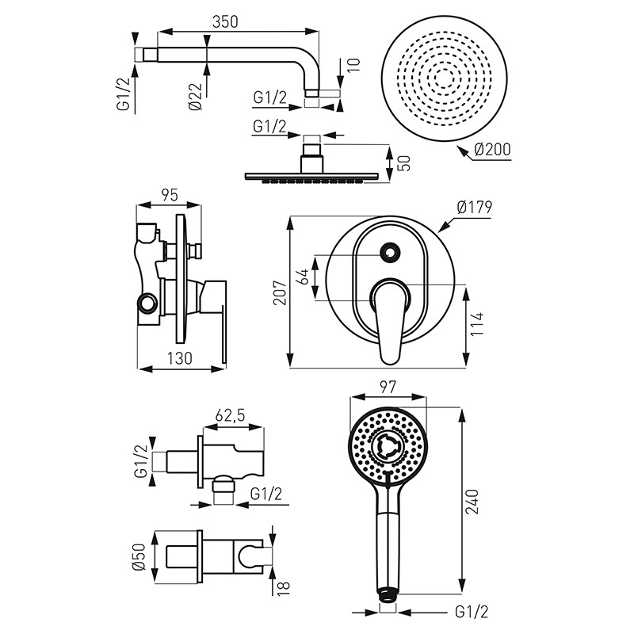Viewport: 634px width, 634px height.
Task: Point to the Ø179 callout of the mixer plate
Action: pos(475,208)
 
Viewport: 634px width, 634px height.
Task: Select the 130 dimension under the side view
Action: pos(181,358)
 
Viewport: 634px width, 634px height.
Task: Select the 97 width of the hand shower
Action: pos(388,388)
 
